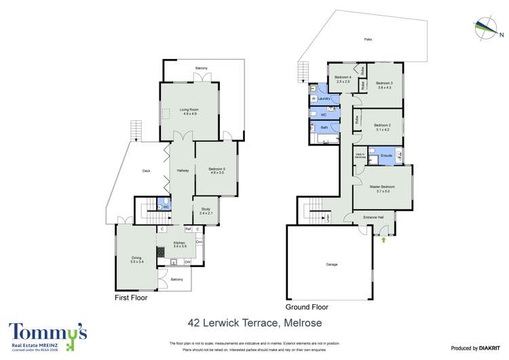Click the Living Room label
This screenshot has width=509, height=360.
[189, 109]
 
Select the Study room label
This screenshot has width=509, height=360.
[206, 211]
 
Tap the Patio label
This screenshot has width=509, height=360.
[368, 39]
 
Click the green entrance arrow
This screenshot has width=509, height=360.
[384, 239]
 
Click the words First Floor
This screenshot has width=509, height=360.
[130, 298]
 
